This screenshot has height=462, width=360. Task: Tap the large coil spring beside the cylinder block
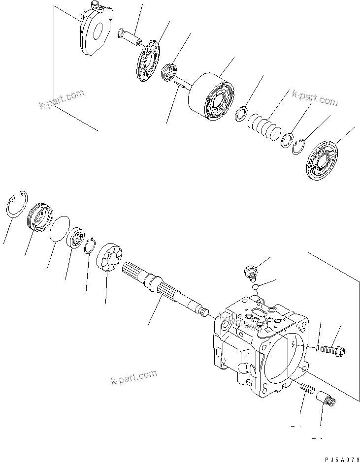pos(264,127)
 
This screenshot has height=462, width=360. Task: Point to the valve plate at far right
pos(323,161)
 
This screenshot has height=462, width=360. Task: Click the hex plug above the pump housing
pos(250,271)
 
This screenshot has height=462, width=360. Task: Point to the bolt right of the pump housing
pos(333,350)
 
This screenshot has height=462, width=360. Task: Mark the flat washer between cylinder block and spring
pos(242,113)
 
